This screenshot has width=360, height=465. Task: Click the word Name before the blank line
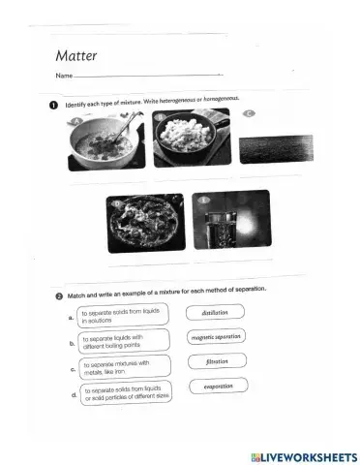click(64, 76)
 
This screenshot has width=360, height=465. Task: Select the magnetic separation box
click(216, 337)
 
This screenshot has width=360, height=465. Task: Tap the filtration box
click(216, 362)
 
